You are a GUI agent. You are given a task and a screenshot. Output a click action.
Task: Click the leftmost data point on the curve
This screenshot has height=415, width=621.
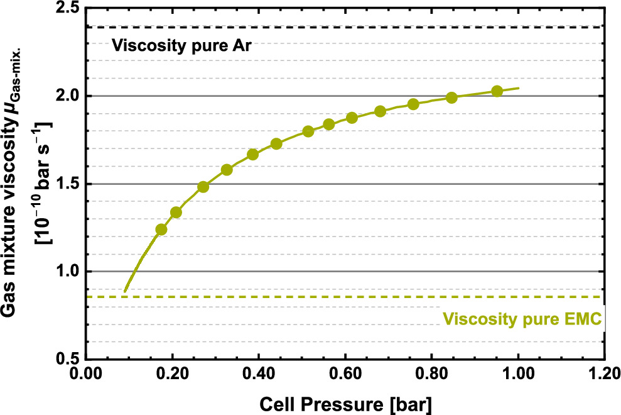click(161, 230)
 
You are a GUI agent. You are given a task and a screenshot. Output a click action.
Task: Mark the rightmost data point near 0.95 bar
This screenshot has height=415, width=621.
click(497, 91)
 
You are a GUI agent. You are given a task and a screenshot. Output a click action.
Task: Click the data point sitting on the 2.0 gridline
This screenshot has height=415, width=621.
click(451, 97)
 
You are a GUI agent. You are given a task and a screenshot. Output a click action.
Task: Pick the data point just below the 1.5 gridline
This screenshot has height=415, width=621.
click(203, 187)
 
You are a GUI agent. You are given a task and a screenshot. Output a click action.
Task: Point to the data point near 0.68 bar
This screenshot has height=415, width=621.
click(380, 111)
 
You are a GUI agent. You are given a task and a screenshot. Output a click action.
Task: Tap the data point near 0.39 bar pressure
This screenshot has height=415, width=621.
click(253, 155)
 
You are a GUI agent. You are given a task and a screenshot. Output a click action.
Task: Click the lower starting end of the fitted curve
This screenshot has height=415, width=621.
click(125, 292)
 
